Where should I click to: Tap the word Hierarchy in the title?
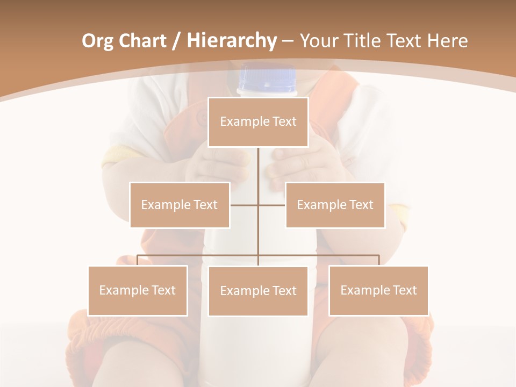[231, 41]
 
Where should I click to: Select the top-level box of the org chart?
[258, 122]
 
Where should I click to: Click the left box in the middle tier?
[180, 205]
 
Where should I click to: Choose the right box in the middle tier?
[335, 205]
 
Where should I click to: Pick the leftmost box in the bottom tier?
[138, 290]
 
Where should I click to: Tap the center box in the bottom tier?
[258, 291]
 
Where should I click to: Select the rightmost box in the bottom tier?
[378, 290]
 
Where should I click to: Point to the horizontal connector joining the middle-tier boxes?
[245, 205]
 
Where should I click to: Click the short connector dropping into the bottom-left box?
[138, 260]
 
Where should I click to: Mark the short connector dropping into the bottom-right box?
[378, 260]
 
